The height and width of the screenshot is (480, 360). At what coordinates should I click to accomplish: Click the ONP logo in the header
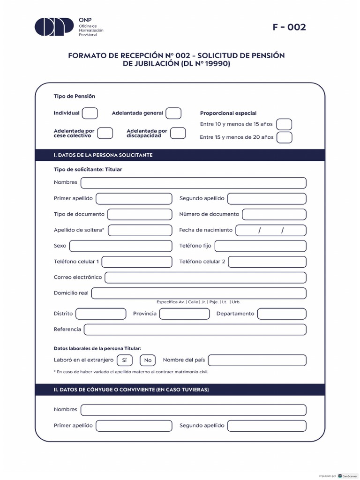point(54,27)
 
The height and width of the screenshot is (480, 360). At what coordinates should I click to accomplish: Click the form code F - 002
point(289,27)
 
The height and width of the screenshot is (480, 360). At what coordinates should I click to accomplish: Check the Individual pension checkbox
point(90,113)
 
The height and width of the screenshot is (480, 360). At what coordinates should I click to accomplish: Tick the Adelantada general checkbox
point(173,113)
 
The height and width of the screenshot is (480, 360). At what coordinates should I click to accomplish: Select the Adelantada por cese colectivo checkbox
point(105,133)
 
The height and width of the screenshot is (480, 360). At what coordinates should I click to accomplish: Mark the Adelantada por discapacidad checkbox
point(178,133)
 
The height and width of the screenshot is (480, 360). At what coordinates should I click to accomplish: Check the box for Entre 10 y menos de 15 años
point(284,124)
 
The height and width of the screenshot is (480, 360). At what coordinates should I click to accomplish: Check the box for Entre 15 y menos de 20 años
point(284,137)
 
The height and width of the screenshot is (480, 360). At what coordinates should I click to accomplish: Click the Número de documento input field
point(274,214)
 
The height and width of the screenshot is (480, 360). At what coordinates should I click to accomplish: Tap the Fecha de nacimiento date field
point(271,230)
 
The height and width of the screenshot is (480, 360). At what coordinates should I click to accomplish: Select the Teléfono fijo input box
point(260,246)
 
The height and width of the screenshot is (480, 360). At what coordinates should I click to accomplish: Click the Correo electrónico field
point(205,277)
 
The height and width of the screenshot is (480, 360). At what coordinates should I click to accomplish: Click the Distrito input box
point(101,314)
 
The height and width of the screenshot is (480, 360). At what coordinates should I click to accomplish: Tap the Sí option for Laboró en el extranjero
point(124,360)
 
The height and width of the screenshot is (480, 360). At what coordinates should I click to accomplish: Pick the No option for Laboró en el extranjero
point(148,360)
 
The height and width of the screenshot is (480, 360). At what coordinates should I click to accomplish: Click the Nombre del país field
point(257,360)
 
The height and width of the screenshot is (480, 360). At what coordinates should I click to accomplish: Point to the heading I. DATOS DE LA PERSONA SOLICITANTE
point(103,155)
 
